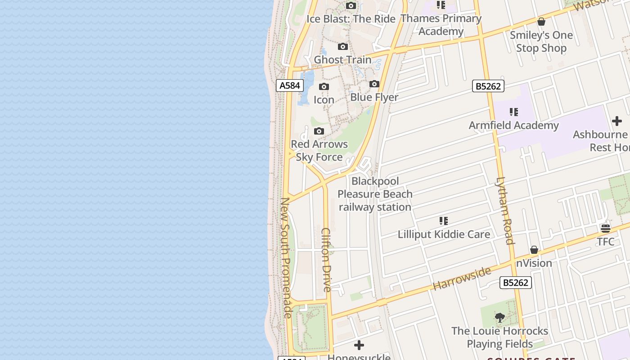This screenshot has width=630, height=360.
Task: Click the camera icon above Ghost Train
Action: [x=343, y=46]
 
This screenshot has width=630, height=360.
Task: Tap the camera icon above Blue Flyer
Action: [x=374, y=84]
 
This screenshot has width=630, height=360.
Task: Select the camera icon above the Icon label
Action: [x=324, y=87]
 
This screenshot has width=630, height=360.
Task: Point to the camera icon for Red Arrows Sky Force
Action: [x=319, y=131]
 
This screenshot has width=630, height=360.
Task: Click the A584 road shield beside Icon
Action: [x=290, y=85]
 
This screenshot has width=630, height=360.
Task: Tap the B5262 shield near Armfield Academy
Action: [x=488, y=86]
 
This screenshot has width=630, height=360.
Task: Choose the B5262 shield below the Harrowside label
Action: [x=515, y=283]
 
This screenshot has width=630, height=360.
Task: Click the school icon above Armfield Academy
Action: [x=514, y=112]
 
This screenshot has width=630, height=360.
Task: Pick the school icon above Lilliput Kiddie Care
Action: [x=444, y=221]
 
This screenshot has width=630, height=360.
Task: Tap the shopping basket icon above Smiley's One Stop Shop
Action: [x=541, y=22]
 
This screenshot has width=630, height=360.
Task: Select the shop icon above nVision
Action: [x=534, y=250]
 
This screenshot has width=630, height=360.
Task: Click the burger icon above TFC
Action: [x=606, y=229]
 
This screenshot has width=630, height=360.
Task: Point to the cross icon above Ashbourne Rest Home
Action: [x=616, y=121]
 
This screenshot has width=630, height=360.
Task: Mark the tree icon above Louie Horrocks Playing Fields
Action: [x=499, y=318]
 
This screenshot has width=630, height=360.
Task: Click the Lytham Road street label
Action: [x=504, y=211]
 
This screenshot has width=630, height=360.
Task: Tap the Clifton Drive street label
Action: [x=327, y=260]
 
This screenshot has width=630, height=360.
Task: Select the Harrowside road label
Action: [x=462, y=279]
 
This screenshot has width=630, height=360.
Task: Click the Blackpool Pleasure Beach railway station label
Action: [x=375, y=194]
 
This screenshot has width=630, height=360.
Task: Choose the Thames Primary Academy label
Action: [x=441, y=25]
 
